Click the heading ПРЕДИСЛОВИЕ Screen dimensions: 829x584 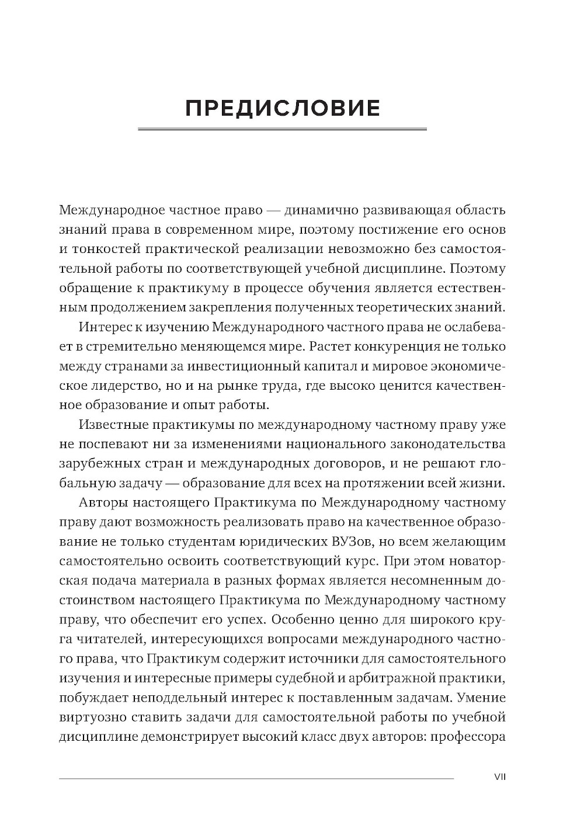click(283, 109)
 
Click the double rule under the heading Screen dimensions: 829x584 click(283, 129)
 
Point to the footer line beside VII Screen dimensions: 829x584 click(256, 778)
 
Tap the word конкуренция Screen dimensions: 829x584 click(400, 346)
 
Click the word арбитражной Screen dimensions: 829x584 click(395, 678)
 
